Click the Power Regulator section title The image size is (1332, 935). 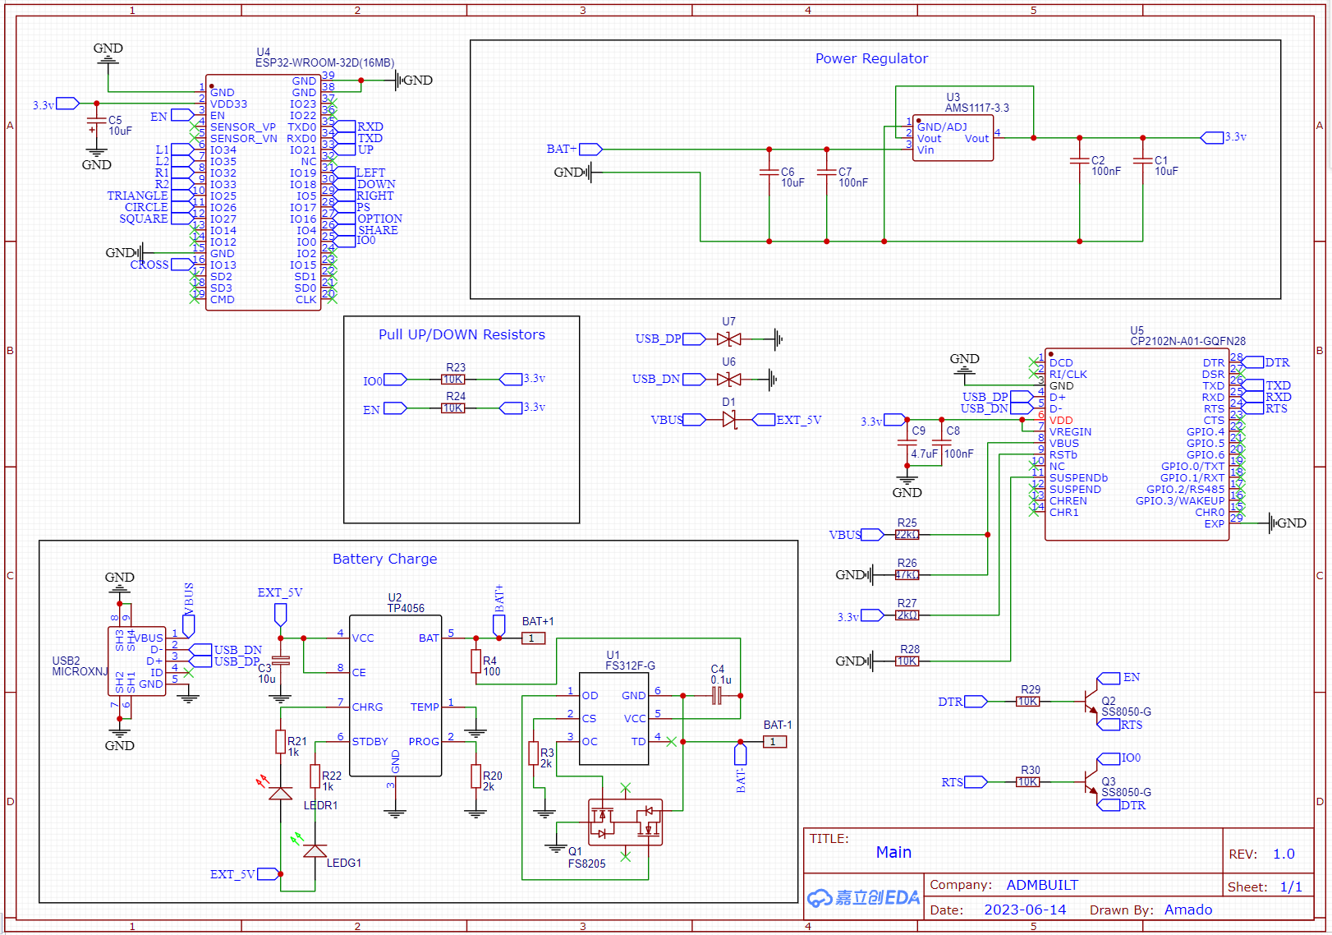(871, 58)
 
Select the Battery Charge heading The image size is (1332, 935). (384, 559)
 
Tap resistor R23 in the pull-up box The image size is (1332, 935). (453, 380)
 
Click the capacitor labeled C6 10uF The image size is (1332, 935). (769, 173)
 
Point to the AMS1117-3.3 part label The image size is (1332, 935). (976, 108)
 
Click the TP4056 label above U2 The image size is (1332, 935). (406, 608)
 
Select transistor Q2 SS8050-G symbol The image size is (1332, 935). (1090, 702)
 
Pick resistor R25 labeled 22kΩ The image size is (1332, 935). (907, 535)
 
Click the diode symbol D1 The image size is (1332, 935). (729, 420)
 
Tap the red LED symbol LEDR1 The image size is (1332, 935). (281, 793)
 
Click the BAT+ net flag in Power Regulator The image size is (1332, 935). (590, 150)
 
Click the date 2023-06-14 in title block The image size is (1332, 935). (1025, 910)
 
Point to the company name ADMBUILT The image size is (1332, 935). (1042, 885)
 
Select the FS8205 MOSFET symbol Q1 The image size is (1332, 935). (625, 822)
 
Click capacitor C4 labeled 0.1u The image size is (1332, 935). (716, 696)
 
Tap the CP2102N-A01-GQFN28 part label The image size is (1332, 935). (1187, 341)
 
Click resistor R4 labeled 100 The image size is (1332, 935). (476, 661)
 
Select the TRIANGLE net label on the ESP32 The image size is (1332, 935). (137, 196)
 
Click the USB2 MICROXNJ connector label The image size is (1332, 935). (80, 666)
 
